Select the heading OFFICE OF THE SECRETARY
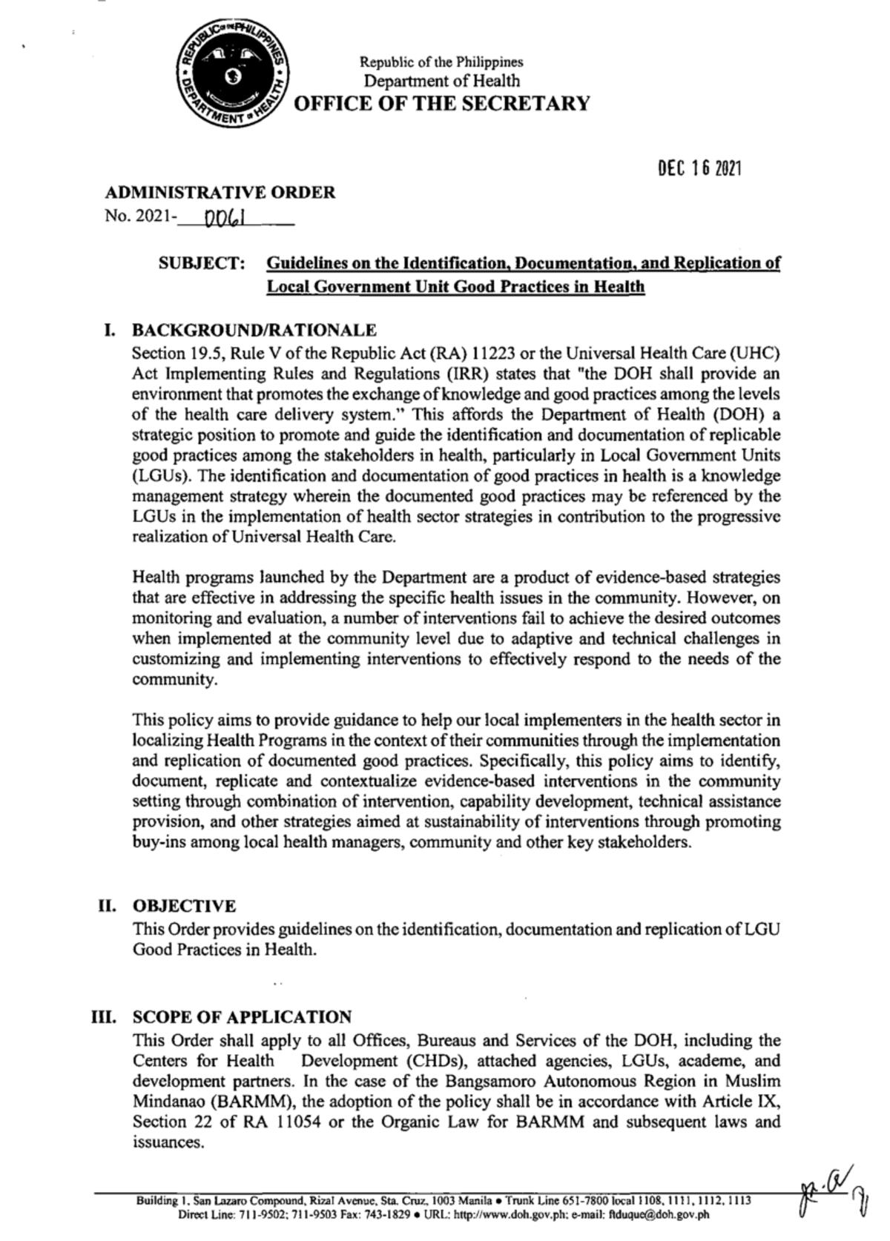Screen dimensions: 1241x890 442,103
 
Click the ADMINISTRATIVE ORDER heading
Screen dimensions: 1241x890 220,193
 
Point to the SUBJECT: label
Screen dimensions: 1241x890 202,264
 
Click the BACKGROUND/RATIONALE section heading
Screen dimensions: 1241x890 254,330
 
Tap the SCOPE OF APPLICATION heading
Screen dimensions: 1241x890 242,1017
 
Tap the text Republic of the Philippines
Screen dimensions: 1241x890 441,62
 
